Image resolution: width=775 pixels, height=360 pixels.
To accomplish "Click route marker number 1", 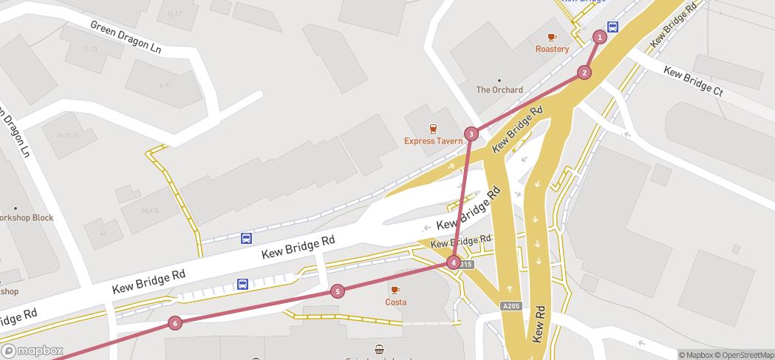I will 600,37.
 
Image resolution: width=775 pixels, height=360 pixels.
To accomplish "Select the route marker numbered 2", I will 584,72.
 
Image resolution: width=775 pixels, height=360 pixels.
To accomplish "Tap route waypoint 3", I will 471,134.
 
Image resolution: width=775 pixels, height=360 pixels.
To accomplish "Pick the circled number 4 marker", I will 453,262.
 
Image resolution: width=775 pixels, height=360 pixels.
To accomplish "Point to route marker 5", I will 338,291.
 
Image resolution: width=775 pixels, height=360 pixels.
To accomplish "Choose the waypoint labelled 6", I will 174,322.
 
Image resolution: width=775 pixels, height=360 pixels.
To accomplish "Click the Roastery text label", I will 552,50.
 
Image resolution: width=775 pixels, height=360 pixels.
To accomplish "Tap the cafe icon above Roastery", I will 552,37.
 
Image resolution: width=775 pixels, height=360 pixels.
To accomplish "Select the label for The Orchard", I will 499,90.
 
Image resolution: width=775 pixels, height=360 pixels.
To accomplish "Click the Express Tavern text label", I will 433,140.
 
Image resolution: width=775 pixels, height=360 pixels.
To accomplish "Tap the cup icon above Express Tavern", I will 433,128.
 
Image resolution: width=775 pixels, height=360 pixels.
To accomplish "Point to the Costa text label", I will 395,302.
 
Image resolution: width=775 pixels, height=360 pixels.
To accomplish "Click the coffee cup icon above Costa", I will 395,290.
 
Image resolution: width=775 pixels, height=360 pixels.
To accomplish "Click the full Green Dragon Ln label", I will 125,37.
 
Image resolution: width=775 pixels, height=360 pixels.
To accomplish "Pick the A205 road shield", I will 510,306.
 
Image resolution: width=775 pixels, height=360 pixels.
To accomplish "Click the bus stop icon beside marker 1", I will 612,27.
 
